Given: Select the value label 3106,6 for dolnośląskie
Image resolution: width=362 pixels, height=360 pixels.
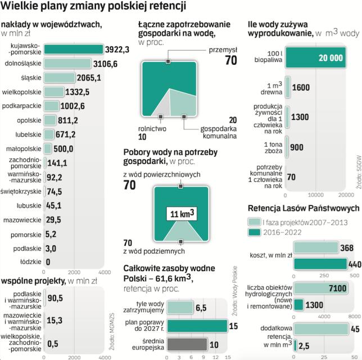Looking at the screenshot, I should click(105, 64).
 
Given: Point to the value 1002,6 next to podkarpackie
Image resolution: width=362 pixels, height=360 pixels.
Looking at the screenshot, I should click(73, 105).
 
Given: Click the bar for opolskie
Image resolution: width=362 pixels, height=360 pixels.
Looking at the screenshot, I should click(50, 120).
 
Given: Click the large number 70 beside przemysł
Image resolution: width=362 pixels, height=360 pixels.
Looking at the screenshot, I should click(230, 61).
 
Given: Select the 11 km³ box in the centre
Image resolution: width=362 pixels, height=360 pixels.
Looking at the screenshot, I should click(181, 214).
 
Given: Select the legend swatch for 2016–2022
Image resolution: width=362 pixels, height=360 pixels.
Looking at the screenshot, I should click(254, 232).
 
